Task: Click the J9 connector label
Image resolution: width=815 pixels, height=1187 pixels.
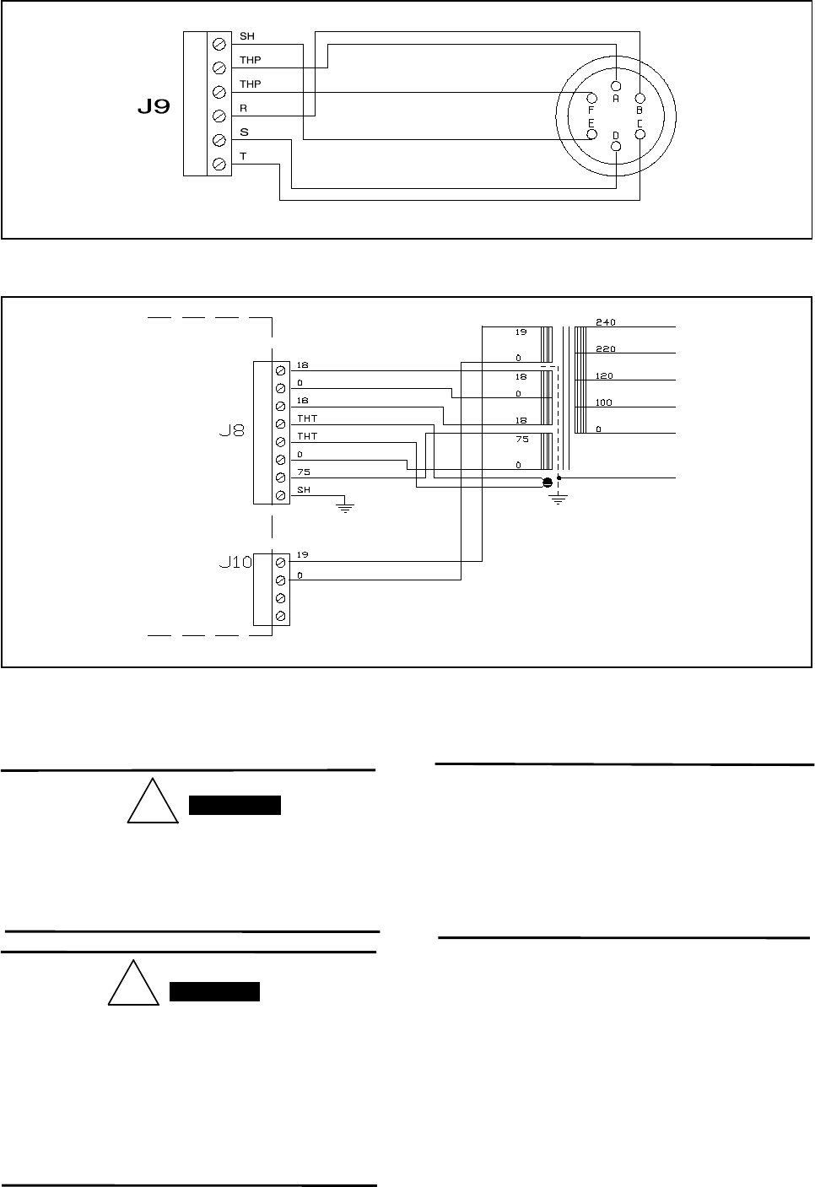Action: (154, 108)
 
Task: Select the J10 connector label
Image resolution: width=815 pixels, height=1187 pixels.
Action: (235, 562)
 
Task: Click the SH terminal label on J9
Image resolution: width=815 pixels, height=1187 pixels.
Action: (246, 36)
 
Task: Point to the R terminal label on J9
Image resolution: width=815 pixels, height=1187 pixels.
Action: (243, 109)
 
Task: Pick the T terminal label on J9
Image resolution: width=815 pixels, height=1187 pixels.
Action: (243, 156)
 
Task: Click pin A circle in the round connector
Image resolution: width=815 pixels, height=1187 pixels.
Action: (616, 85)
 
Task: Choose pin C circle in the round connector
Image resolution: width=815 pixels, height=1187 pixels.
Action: (640, 134)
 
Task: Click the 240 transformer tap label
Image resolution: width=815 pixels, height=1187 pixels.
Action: (605, 322)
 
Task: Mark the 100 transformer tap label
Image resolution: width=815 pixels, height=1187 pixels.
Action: (604, 402)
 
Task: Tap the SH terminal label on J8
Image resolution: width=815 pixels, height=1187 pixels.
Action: (303, 490)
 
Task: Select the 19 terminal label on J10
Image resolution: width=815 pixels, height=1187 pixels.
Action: (302, 554)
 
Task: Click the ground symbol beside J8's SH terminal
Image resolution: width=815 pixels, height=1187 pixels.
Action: (343, 507)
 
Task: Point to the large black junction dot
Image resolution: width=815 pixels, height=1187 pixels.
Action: (547, 482)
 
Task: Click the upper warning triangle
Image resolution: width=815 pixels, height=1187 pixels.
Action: (153, 803)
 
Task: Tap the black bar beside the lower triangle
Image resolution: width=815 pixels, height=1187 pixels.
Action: (214, 991)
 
